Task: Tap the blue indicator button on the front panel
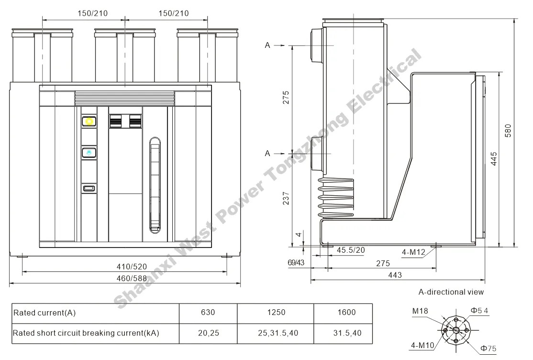pyautogui.click(x=89, y=153)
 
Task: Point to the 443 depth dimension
pyautogui.click(x=395, y=275)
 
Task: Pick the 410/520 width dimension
pyautogui.click(x=125, y=267)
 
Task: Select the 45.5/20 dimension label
pyautogui.click(x=351, y=250)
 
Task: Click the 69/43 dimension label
pyautogui.click(x=296, y=262)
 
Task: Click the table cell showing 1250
pyautogui.click(x=276, y=313)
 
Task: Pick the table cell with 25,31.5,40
pyautogui.click(x=276, y=333)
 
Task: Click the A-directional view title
pyautogui.click(x=451, y=292)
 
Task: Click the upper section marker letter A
pyautogui.click(x=267, y=45)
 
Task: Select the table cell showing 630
pyautogui.click(x=208, y=313)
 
